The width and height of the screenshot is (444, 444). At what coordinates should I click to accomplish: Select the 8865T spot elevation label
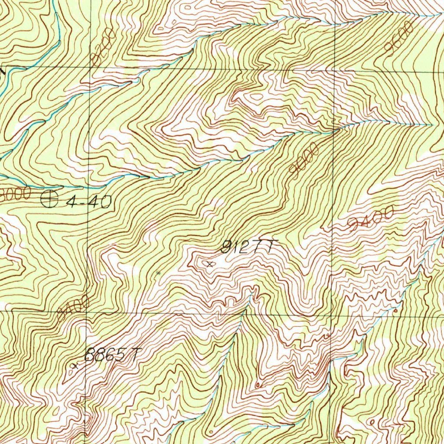coord(112,355)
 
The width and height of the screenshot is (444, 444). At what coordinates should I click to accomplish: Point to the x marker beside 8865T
coord(75,366)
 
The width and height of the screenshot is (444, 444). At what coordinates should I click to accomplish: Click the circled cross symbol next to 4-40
coord(49,199)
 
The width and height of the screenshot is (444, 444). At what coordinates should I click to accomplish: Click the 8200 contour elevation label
coord(104,46)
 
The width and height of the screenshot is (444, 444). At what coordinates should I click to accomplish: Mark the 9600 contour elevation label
coord(398,39)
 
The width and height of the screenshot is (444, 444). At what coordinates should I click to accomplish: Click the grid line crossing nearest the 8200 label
coord(90,68)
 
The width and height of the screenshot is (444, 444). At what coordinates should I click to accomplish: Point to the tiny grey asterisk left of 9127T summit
coord(158,273)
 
